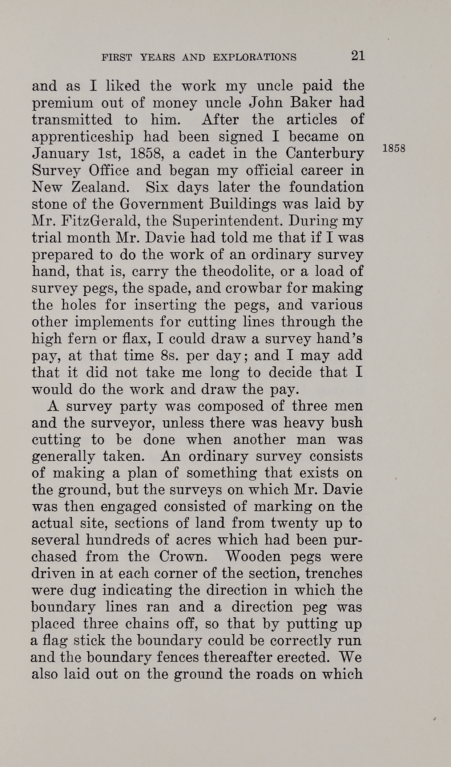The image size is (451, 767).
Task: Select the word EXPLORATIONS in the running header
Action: (254, 57)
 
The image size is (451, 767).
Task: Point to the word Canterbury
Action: (325, 154)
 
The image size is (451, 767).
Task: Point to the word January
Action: (60, 154)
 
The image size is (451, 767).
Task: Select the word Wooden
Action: (253, 557)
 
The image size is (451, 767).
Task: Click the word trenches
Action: (334, 573)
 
